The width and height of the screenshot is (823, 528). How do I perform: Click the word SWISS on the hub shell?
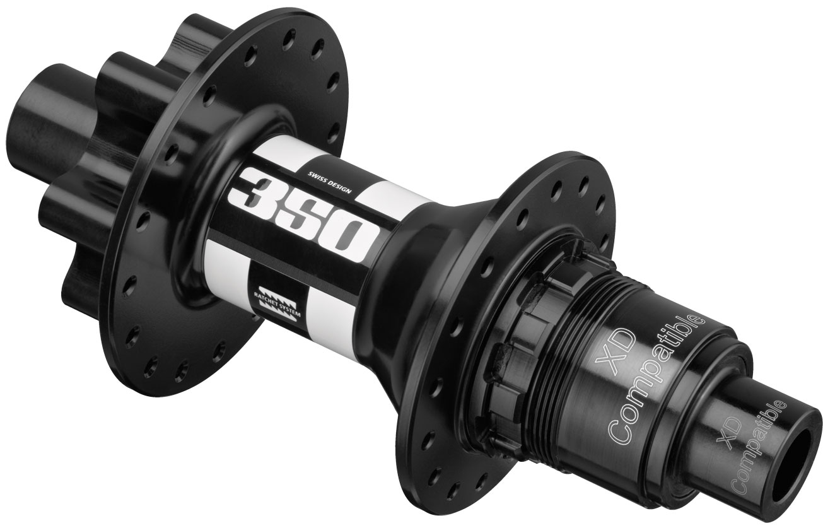click(315, 178)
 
